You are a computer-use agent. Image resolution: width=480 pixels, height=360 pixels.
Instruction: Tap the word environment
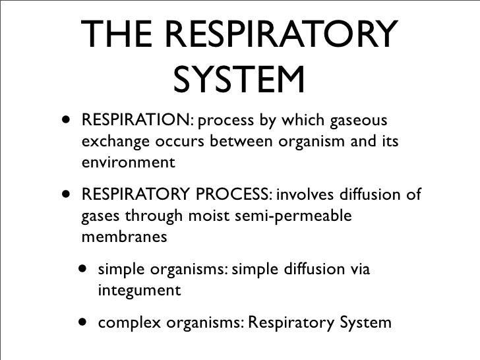pyautogui.click(x=129, y=162)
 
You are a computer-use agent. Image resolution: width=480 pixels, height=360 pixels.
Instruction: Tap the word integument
pyautogui.click(x=139, y=289)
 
